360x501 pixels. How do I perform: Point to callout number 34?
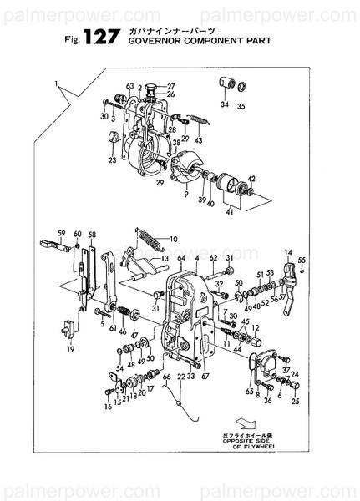pyautogui.click(x=224, y=105)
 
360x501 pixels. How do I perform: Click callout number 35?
pyautogui.click(x=241, y=106)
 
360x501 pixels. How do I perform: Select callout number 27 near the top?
pyautogui.click(x=170, y=87)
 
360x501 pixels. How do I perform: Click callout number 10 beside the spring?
pyautogui.click(x=174, y=239)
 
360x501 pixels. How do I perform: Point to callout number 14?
pyautogui.click(x=287, y=252)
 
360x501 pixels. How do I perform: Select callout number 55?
pyautogui.click(x=302, y=261)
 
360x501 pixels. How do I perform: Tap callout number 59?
pyautogui.click(x=61, y=233)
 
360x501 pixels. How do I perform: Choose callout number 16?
pyautogui.click(x=108, y=407)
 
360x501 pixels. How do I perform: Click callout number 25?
pyautogui.click(x=295, y=402)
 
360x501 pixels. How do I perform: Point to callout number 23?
pyautogui.click(x=112, y=159)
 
